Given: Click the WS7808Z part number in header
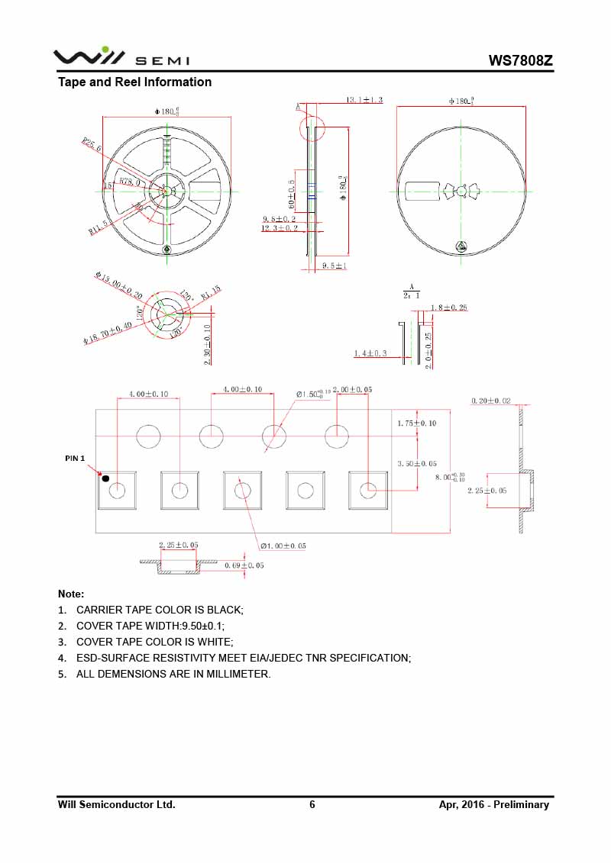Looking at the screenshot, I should (x=521, y=60).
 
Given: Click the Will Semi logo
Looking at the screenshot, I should (x=121, y=57).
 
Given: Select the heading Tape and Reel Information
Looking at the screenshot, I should (x=135, y=82).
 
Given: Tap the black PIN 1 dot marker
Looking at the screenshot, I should (x=106, y=478).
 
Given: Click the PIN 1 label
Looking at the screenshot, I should (x=75, y=459).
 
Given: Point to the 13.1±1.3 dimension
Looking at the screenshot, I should (x=364, y=100).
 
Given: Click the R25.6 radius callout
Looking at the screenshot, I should (x=92, y=143).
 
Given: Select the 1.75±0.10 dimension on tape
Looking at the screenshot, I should (x=417, y=423).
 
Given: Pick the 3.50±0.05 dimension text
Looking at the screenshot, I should (x=417, y=463).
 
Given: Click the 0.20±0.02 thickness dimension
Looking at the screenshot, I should (x=491, y=401).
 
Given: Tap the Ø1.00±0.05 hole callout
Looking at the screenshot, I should (x=283, y=546).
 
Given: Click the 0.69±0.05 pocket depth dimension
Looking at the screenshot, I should (x=244, y=565).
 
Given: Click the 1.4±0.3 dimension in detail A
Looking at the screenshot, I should (x=370, y=353).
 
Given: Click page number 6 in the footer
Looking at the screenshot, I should (x=312, y=804).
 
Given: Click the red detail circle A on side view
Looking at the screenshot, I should (x=312, y=127).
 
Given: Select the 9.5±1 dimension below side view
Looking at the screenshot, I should (x=335, y=266).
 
